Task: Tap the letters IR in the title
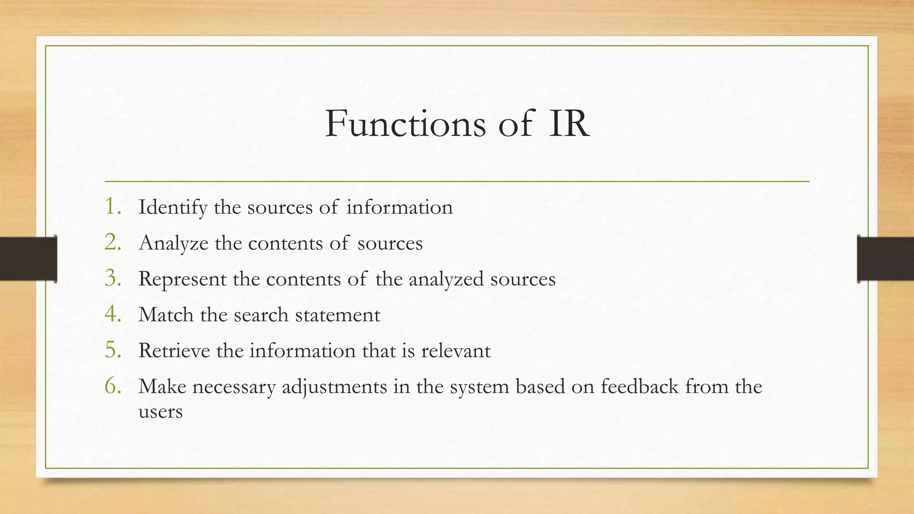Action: coord(569,124)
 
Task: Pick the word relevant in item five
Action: coord(456,351)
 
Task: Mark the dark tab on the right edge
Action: coord(885,259)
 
